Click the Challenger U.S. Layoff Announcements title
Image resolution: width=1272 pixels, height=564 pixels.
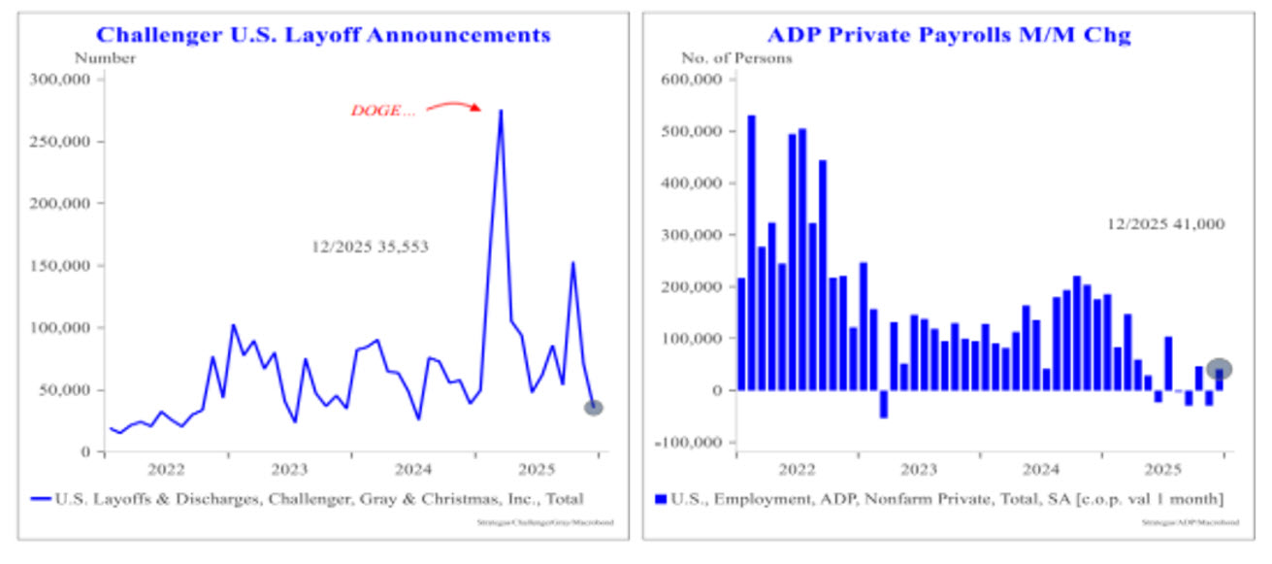(x=323, y=36)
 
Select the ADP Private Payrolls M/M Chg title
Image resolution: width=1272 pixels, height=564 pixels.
(x=948, y=36)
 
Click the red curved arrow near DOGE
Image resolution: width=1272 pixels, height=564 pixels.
(x=453, y=104)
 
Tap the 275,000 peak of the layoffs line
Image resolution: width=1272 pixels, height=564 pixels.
(x=501, y=111)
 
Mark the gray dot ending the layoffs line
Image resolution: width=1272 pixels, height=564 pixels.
(x=594, y=408)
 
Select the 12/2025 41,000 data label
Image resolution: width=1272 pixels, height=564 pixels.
(x=1165, y=224)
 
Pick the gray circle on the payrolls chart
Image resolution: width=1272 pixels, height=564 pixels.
(x=1220, y=369)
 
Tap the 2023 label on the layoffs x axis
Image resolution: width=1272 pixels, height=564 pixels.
(x=289, y=470)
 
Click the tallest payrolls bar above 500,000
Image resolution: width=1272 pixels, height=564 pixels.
(x=751, y=252)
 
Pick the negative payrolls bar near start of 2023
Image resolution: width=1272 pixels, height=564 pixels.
(x=884, y=404)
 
